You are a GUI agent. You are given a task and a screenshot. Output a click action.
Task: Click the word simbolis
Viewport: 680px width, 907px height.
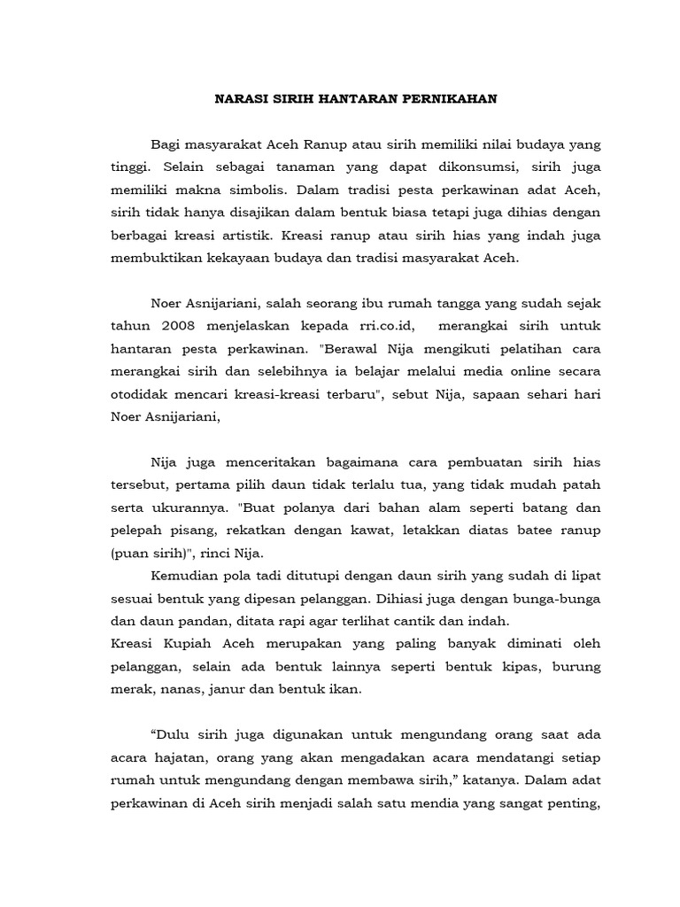point(256,190)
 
